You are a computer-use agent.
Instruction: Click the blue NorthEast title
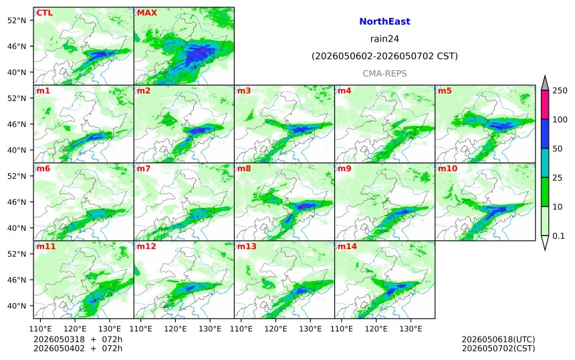click(x=384, y=21)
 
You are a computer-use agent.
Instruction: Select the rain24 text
click(x=384, y=39)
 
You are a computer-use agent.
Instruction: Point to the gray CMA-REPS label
click(x=384, y=74)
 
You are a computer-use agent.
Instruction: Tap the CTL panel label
click(x=44, y=13)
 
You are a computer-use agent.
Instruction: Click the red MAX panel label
click(x=146, y=13)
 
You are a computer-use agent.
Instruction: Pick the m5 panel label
click(x=445, y=90)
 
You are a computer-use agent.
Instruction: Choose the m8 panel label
click(x=244, y=169)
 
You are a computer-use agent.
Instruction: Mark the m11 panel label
click(x=46, y=246)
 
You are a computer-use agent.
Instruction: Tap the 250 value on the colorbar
click(x=560, y=90)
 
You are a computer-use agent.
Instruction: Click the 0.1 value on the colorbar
click(x=558, y=236)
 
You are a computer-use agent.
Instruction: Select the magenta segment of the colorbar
click(x=545, y=104)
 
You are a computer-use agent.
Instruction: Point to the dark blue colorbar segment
click(x=545, y=134)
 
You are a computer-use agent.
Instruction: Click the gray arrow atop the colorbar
click(x=545, y=84)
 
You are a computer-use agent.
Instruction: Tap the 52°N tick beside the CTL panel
click(x=17, y=20)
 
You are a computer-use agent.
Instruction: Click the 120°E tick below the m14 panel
click(x=376, y=329)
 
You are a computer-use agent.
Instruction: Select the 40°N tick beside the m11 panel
click(x=17, y=306)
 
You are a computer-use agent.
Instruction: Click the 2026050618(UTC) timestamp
click(x=498, y=339)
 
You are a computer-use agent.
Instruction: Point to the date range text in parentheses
click(x=384, y=56)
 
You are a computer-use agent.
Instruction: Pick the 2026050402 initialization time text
click(x=59, y=348)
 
